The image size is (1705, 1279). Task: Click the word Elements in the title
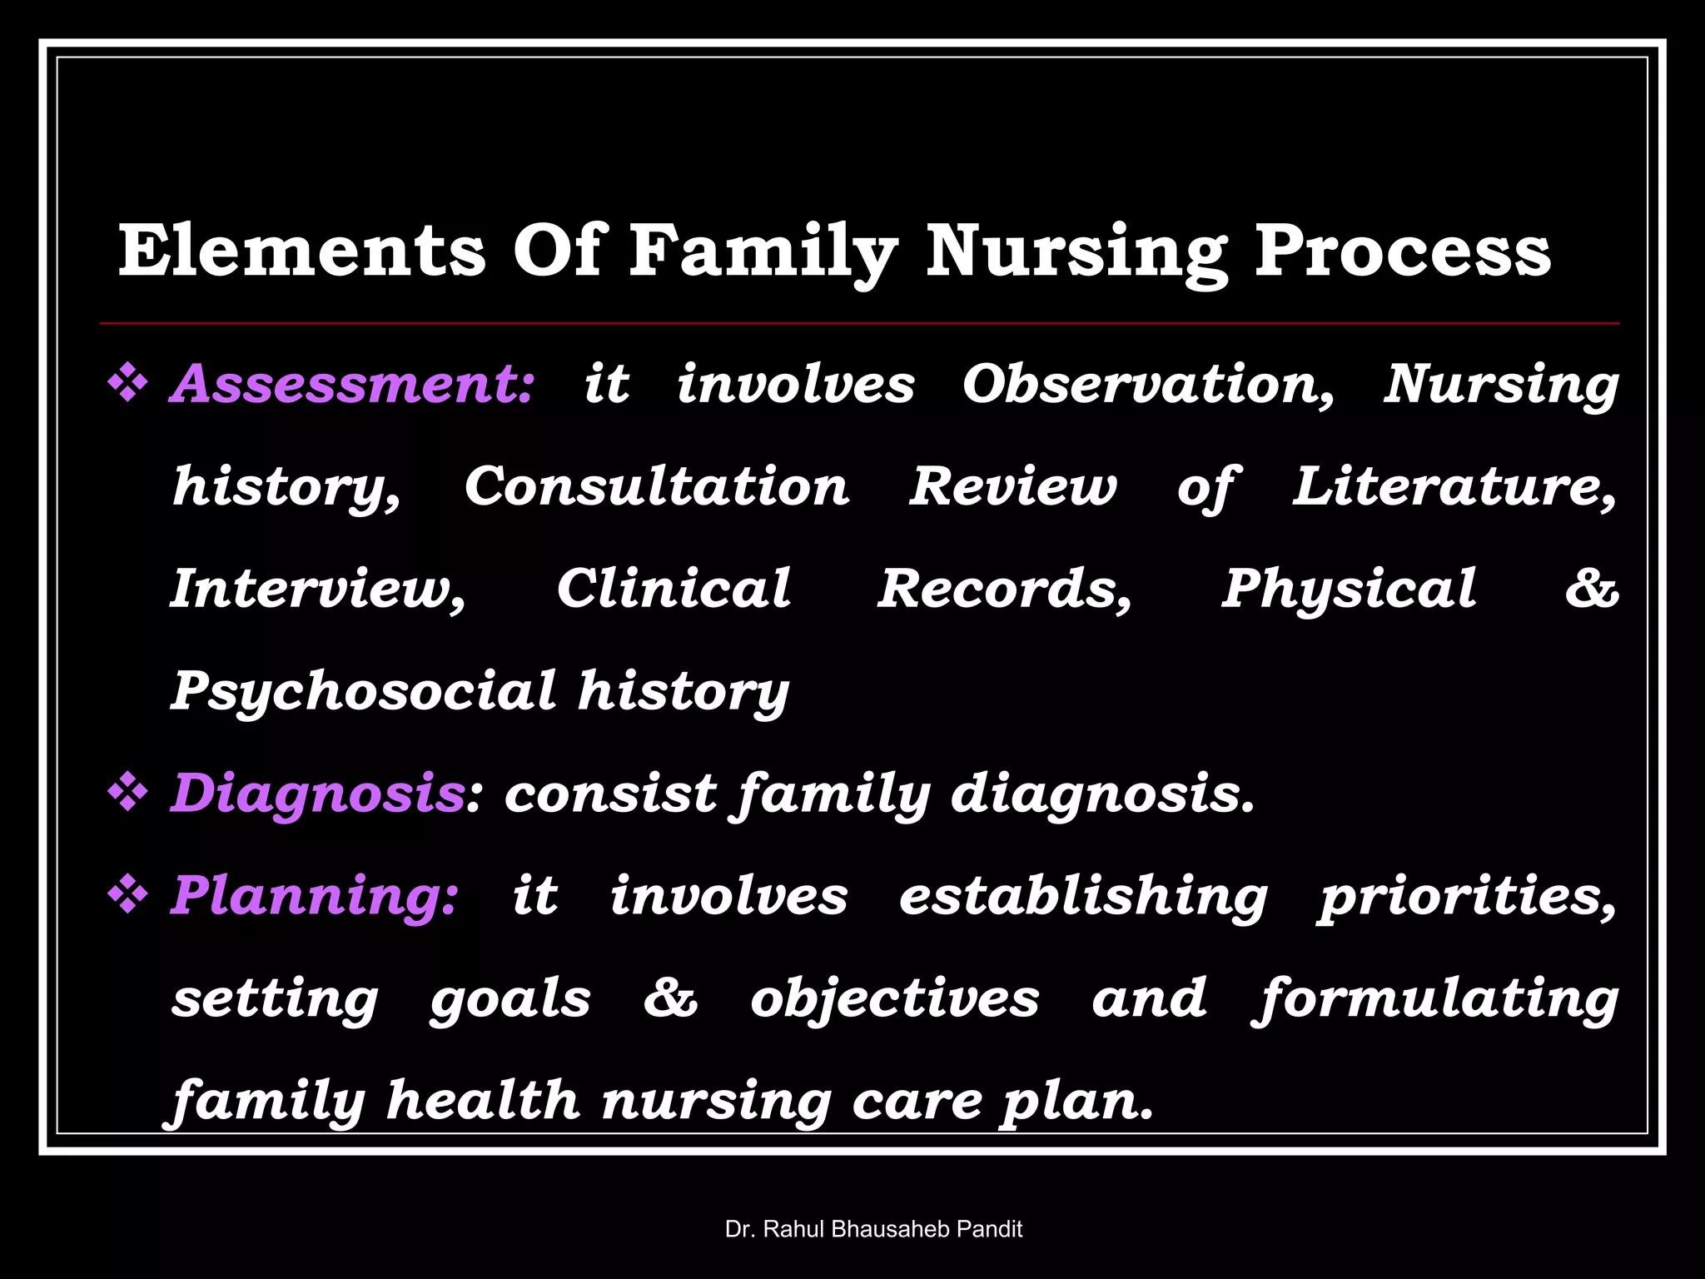(x=301, y=251)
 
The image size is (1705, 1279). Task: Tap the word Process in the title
(x=1402, y=251)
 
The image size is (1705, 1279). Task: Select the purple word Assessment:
(x=350, y=385)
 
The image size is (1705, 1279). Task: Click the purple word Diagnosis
(x=317, y=793)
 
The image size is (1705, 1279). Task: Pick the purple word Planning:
(x=314, y=896)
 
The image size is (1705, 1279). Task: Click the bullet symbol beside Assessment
(x=128, y=385)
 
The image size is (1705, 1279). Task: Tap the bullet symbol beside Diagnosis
(x=128, y=793)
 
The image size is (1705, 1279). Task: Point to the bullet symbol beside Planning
(x=128, y=896)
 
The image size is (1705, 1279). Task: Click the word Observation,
(x=1148, y=385)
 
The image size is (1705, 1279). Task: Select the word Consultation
(x=657, y=486)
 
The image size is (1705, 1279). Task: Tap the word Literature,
(x=1454, y=486)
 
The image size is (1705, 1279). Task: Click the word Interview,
(x=318, y=590)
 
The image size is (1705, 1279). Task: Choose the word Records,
(x=1004, y=590)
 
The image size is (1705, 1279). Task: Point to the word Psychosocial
(x=363, y=691)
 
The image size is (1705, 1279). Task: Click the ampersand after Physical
(x=1591, y=590)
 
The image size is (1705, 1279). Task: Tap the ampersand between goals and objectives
(x=670, y=998)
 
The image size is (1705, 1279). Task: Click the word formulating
(x=1435, y=999)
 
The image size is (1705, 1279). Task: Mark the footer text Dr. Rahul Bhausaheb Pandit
(x=873, y=1229)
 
